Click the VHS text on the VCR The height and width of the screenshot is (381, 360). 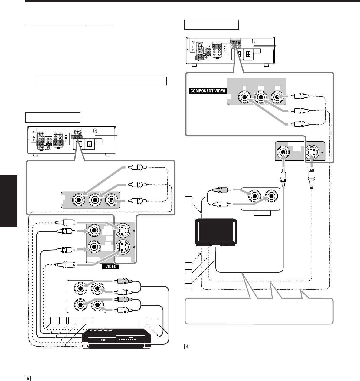click(x=104, y=340)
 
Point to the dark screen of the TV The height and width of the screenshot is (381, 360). click(x=215, y=231)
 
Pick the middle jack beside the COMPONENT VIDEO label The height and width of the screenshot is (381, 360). click(x=260, y=97)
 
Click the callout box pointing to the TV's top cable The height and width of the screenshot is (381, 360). click(x=188, y=200)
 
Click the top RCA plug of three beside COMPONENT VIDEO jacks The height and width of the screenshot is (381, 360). click(x=300, y=97)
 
